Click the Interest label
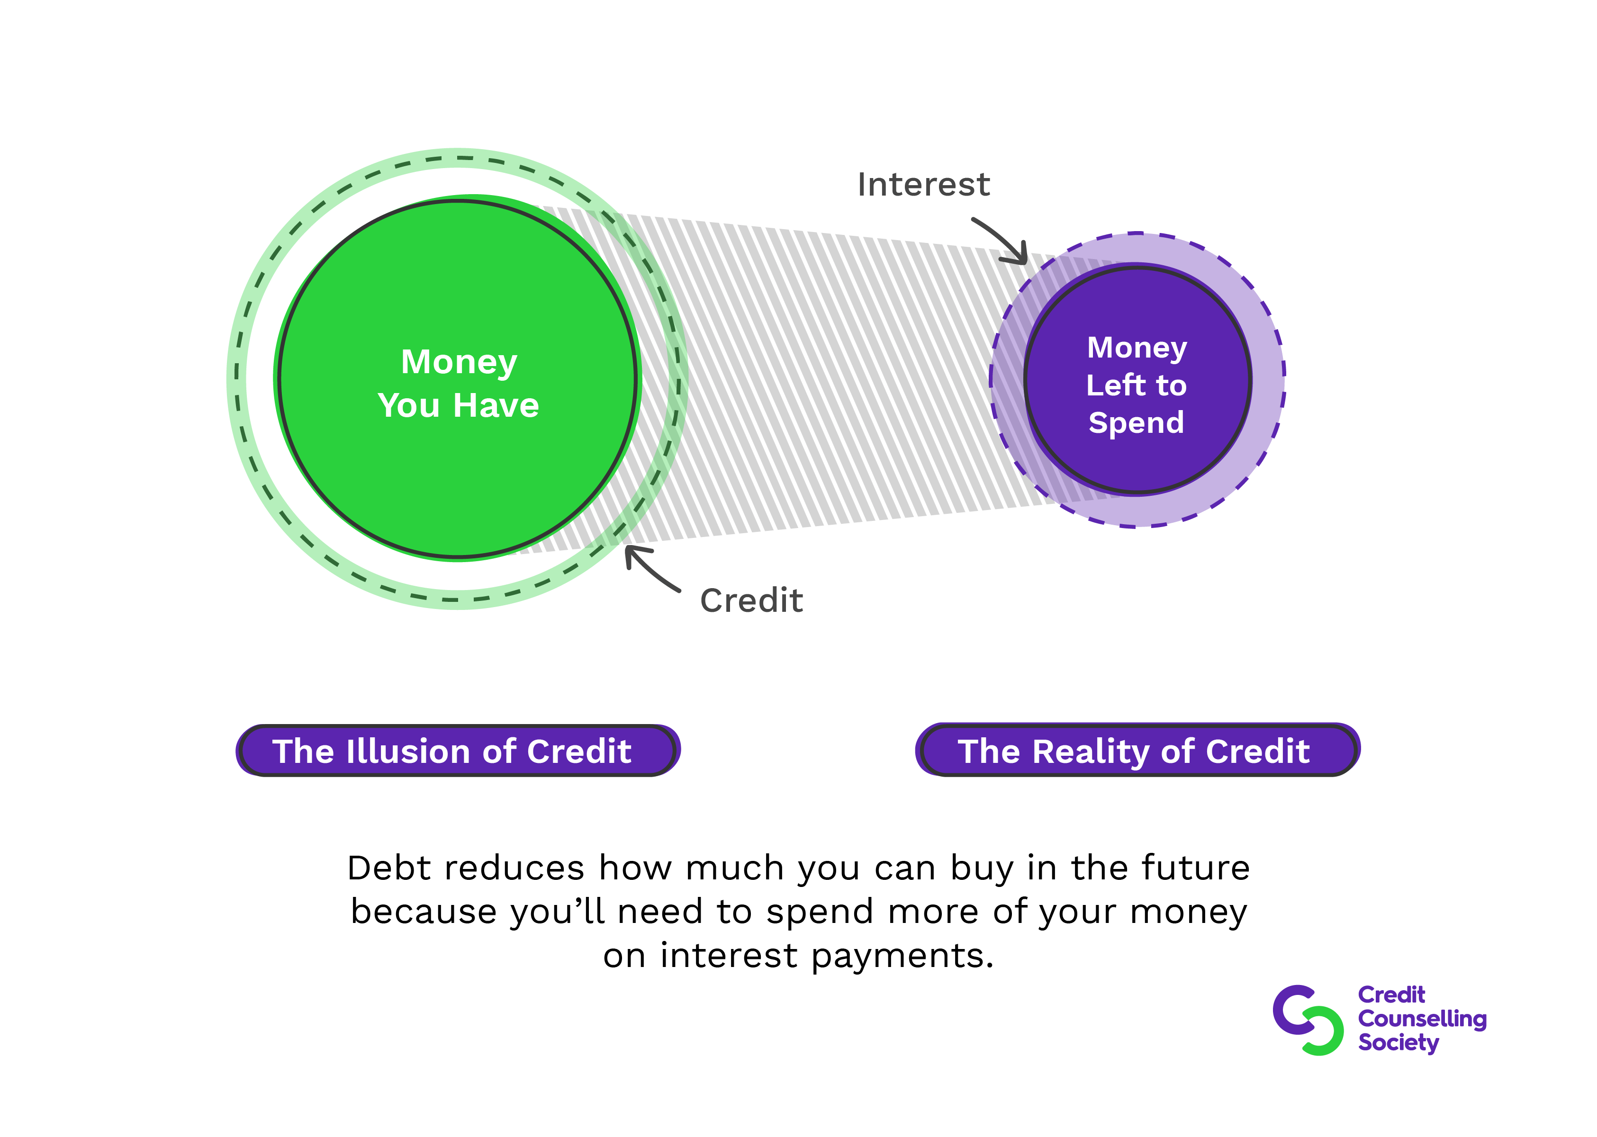pyautogui.click(x=923, y=185)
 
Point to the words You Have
pyautogui.click(x=458, y=405)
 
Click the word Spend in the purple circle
pyautogui.click(x=1136, y=423)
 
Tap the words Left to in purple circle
pyautogui.click(x=1136, y=385)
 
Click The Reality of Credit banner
pyautogui.click(x=1137, y=751)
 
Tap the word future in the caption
pyautogui.click(x=1196, y=868)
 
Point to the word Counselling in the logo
pyautogui.click(x=1422, y=1019)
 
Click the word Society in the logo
pyautogui.click(x=1398, y=1042)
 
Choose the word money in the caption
pyautogui.click(x=1188, y=912)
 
